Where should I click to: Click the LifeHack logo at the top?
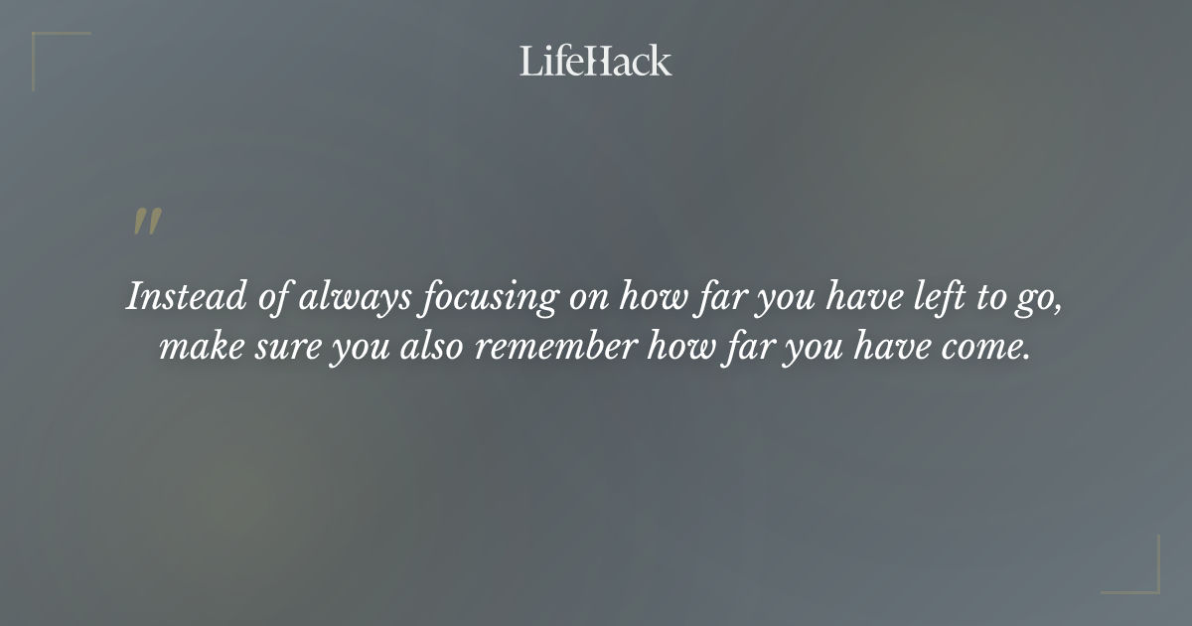tap(596, 61)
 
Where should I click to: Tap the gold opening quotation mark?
tap(147, 223)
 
